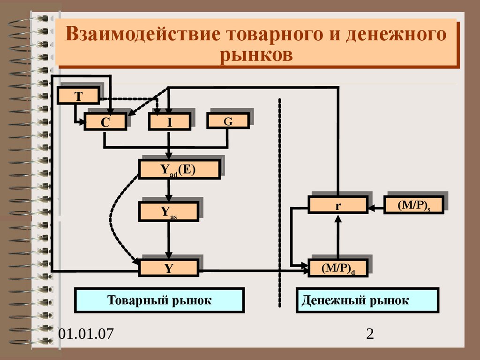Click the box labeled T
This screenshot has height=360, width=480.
(x=78, y=96)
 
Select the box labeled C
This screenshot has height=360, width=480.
(x=105, y=122)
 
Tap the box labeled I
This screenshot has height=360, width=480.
(x=170, y=122)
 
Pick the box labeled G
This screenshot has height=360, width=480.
(x=228, y=121)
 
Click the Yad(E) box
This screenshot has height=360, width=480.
(x=179, y=169)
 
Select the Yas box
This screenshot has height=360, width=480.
(x=169, y=211)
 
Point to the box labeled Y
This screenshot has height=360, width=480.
(x=169, y=268)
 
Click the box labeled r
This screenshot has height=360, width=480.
(x=337, y=205)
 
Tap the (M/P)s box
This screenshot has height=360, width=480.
(x=413, y=205)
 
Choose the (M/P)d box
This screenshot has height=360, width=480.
(x=338, y=268)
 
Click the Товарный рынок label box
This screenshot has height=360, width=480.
(x=159, y=300)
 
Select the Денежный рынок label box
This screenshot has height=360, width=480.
(x=367, y=300)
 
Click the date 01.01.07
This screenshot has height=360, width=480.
(x=86, y=334)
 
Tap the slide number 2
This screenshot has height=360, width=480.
(x=370, y=334)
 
